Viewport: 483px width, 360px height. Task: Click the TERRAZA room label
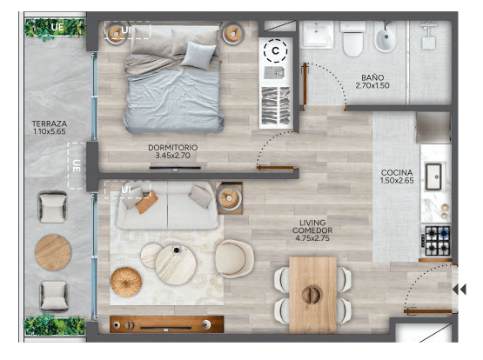(x=50, y=127)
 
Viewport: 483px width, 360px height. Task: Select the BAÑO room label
(x=372, y=82)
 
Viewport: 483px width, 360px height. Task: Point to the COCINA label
(x=397, y=177)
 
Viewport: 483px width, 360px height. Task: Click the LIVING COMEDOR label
(x=312, y=230)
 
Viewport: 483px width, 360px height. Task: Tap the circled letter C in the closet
(x=275, y=50)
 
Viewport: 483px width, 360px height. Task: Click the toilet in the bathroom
(x=352, y=39)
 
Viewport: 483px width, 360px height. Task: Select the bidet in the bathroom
(x=385, y=37)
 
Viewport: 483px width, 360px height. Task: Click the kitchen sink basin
(x=433, y=177)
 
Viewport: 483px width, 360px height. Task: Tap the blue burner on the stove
(x=444, y=233)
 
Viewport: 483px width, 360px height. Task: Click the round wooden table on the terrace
(x=53, y=253)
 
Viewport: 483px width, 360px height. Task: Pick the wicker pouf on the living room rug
(x=126, y=282)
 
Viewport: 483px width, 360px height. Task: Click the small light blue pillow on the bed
(x=198, y=55)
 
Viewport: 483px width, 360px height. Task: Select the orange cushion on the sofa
(x=147, y=202)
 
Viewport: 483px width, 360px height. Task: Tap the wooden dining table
(x=312, y=296)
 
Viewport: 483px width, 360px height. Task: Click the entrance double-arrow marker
(x=460, y=290)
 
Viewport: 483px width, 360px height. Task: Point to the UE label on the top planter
(x=57, y=27)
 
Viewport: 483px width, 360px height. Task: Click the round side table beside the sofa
(x=229, y=198)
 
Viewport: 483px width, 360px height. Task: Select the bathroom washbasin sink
(x=317, y=34)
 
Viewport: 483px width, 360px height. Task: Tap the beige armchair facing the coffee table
(x=234, y=259)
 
